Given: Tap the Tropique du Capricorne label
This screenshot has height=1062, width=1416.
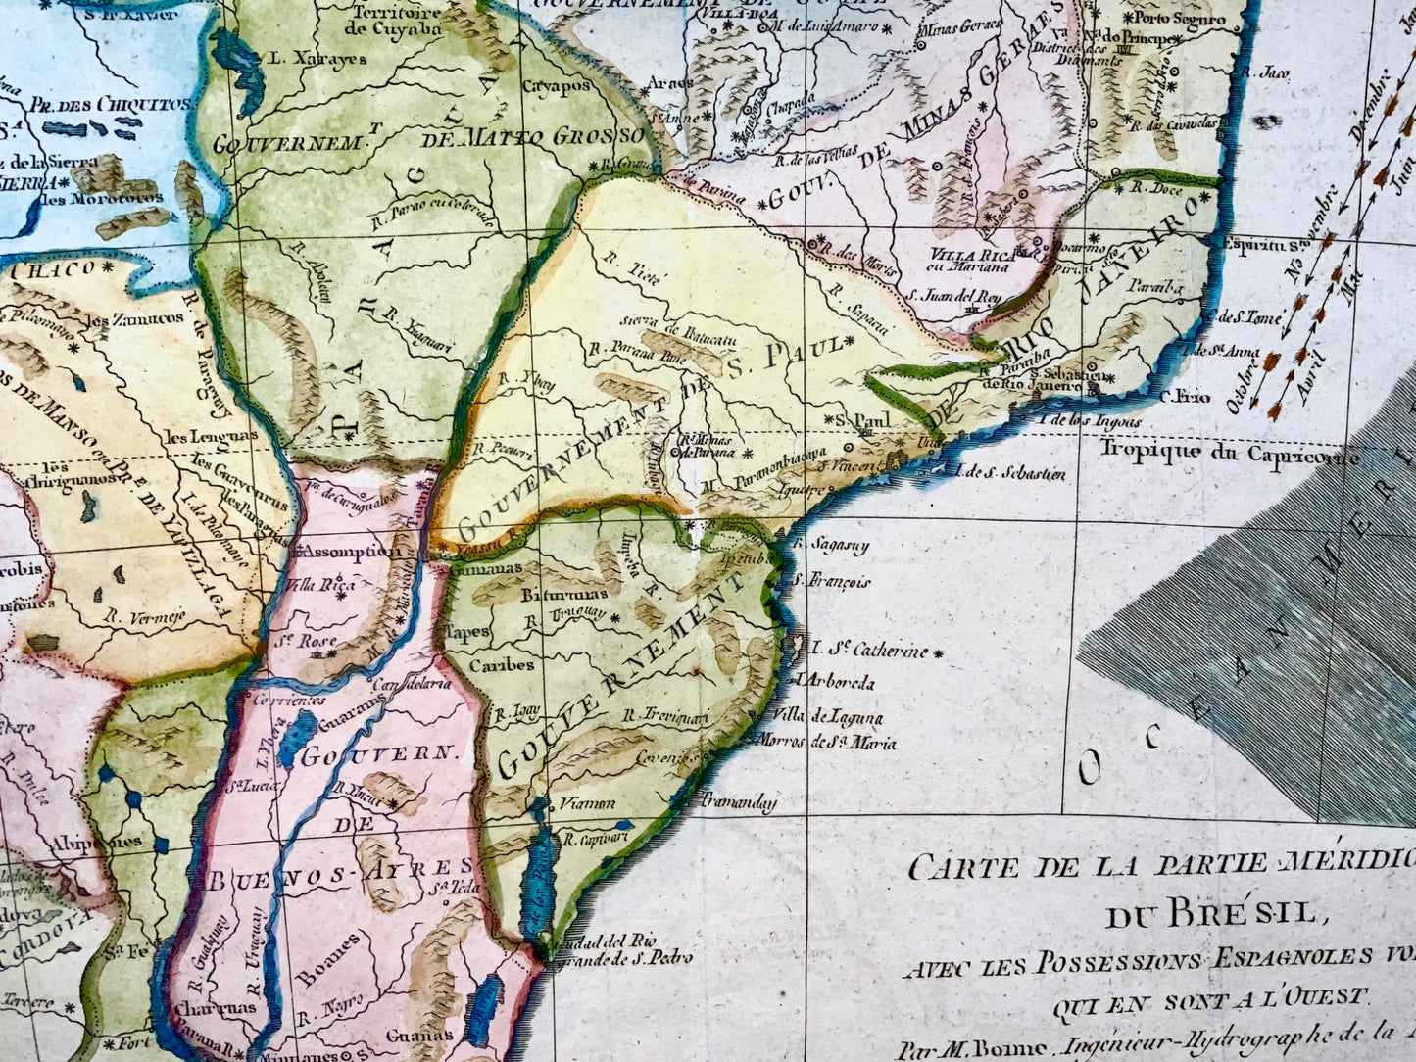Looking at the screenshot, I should click(1230, 452).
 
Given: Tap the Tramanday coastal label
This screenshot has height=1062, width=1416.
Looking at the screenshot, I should click(738, 802).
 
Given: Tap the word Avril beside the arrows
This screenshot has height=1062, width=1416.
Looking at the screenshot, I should click(1305, 373).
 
